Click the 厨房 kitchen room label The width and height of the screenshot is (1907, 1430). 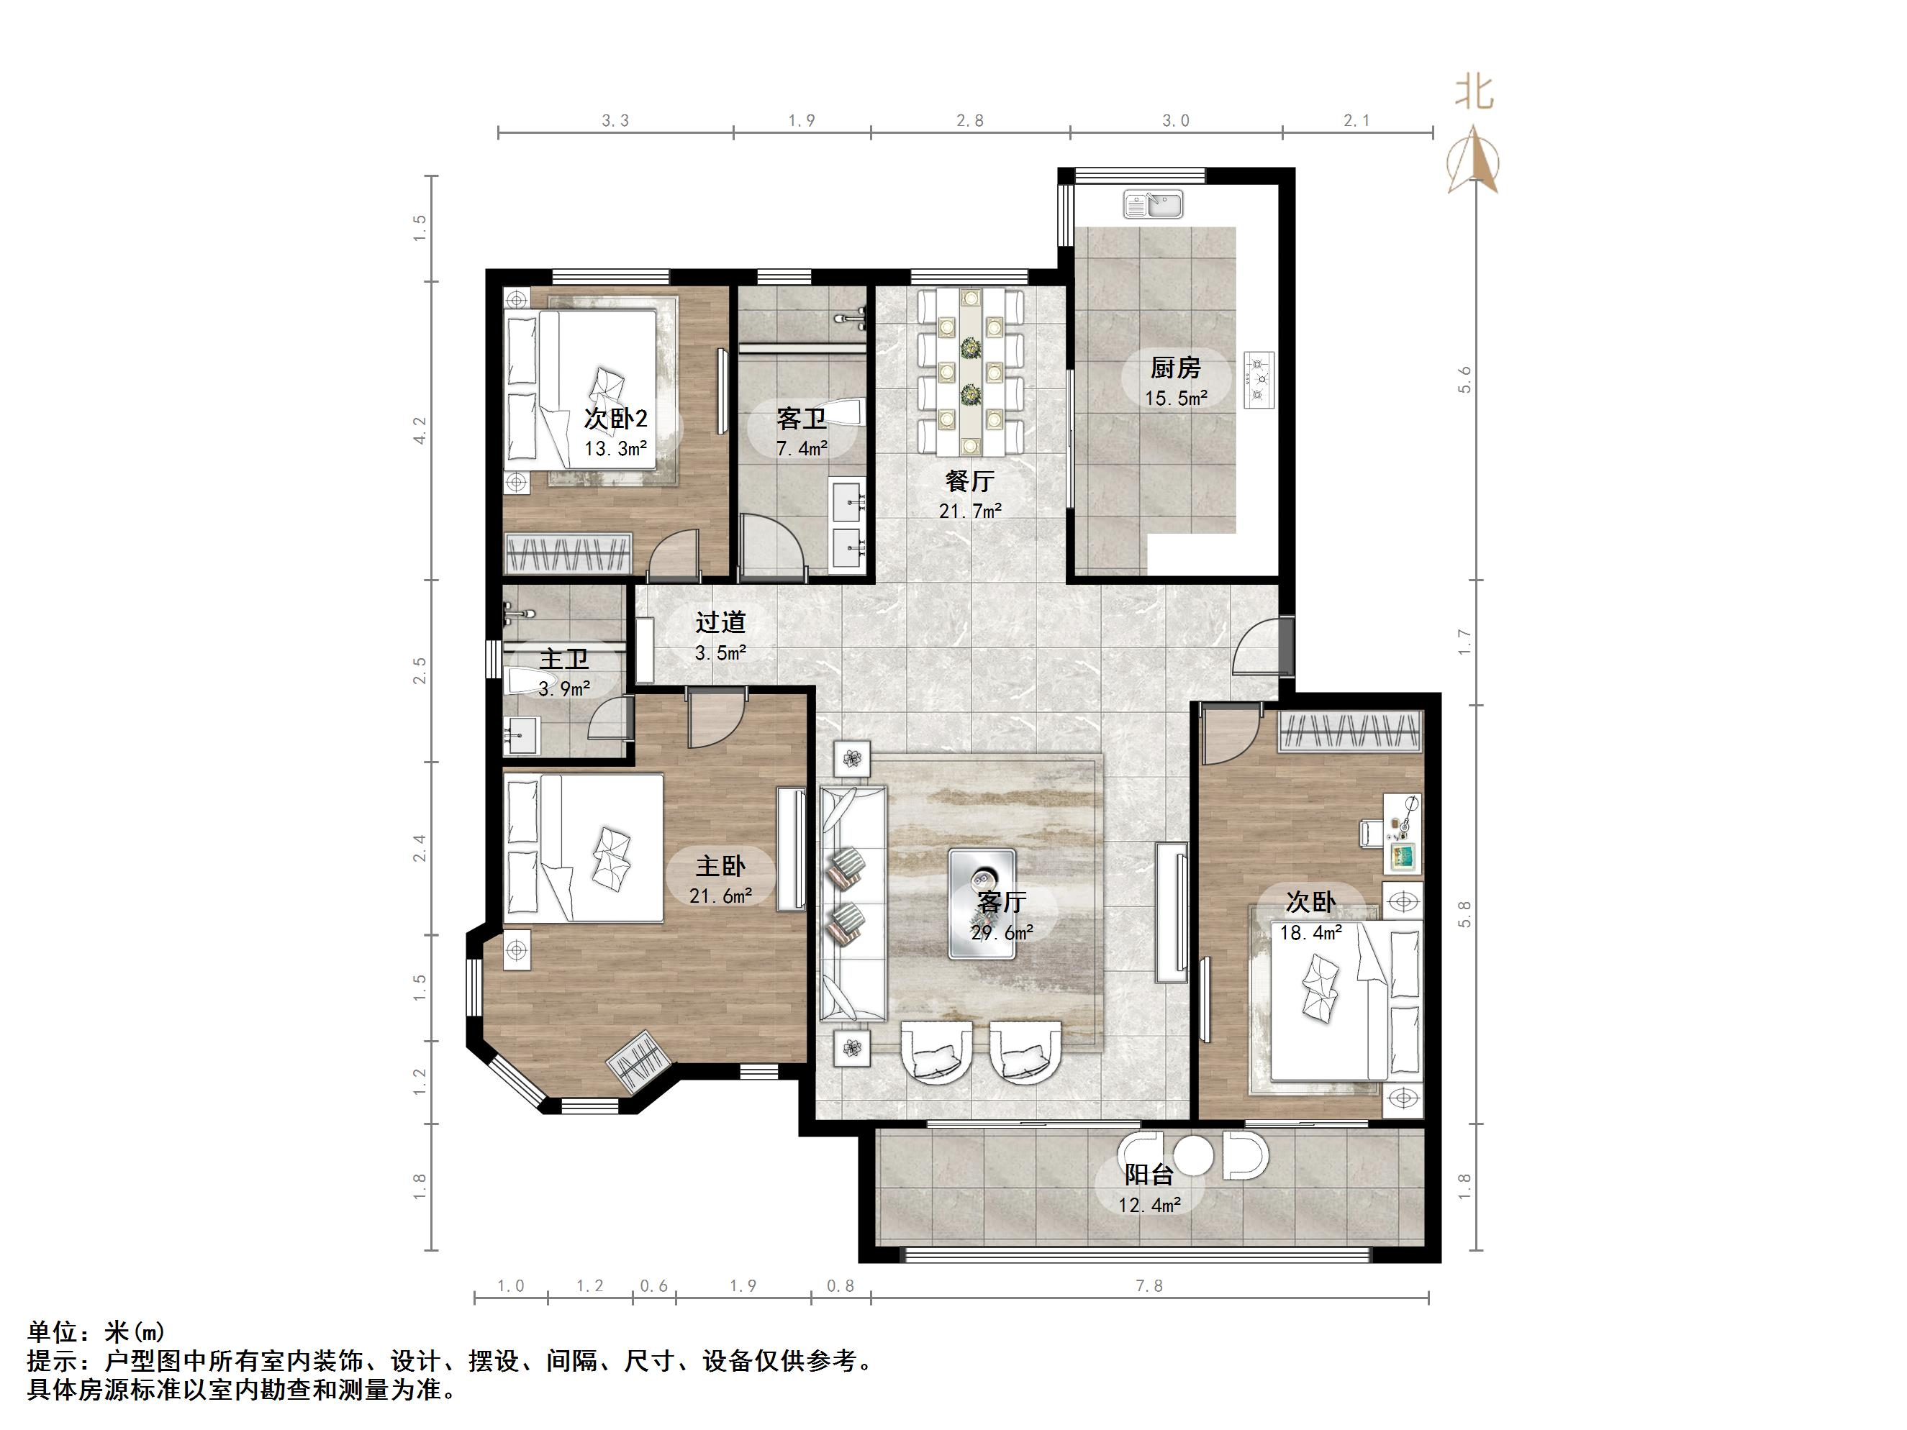pos(1175,368)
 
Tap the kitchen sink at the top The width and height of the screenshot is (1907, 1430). pos(1154,205)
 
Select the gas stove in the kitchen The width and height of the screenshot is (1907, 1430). pos(1259,379)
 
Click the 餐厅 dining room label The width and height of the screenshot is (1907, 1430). pos(969,480)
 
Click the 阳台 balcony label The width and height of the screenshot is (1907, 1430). pos(1149,1174)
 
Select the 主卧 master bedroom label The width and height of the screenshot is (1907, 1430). pos(720,865)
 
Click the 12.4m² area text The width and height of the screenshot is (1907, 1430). pos(1149,1205)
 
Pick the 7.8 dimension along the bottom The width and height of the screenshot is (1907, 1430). pos(1149,1286)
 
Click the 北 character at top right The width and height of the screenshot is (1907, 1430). pos(1475,91)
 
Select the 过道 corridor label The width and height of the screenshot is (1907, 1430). pos(720,621)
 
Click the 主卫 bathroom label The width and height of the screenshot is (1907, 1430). pos(563,660)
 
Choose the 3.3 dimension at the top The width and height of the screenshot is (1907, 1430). pos(615,121)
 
